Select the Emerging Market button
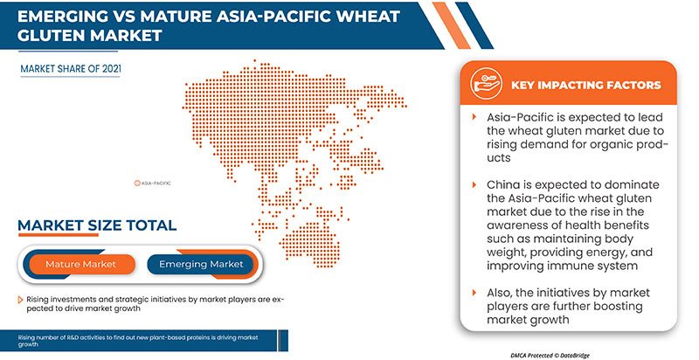(x=201, y=263)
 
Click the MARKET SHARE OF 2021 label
(x=71, y=67)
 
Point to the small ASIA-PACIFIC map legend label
(x=152, y=183)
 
